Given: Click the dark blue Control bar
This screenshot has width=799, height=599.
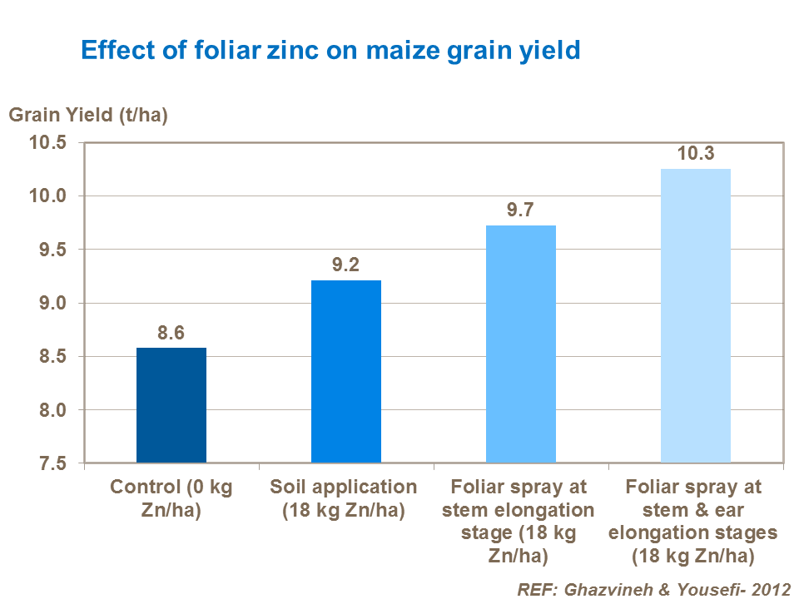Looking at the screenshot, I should [171, 405].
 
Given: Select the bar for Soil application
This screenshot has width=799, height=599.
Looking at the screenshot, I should [345, 371].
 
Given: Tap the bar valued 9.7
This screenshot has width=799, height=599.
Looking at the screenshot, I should [520, 344].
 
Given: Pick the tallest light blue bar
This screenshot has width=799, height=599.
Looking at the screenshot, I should [695, 315].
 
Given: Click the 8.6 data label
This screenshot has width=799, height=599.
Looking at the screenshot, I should [171, 334].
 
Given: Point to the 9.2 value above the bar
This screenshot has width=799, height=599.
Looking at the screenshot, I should [345, 266].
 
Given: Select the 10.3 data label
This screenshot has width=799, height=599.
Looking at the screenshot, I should [695, 154].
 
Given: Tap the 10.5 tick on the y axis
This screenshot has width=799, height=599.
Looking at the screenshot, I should [48, 143].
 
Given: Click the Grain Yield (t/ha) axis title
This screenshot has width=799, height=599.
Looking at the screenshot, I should [88, 115].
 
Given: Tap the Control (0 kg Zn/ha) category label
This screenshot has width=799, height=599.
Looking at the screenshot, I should [171, 498].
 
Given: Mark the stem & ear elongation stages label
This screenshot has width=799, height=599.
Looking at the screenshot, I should [695, 519].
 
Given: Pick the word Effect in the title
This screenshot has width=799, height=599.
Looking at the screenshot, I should [112, 52].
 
